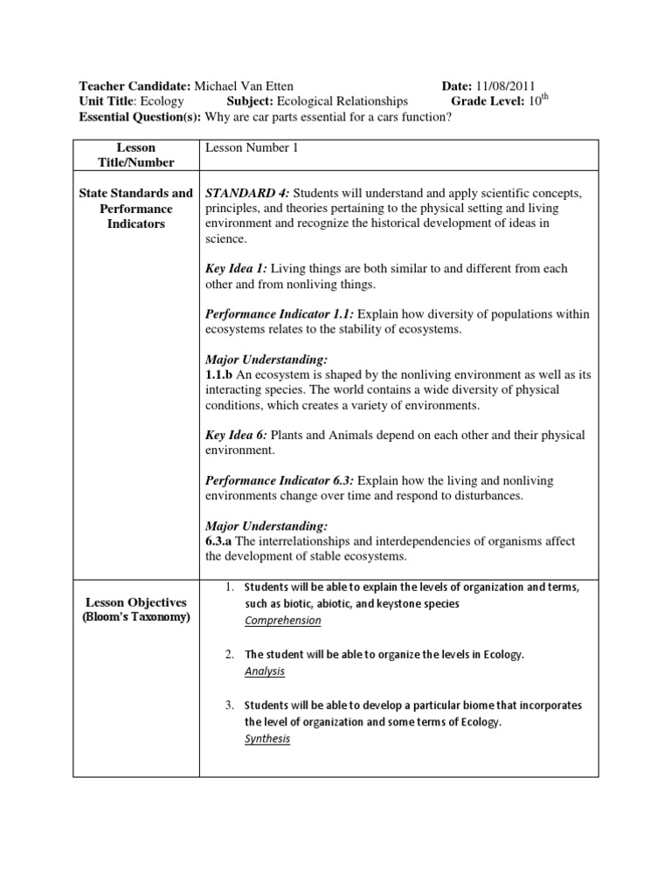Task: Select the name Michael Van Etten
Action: (244, 86)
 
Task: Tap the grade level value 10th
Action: (536, 101)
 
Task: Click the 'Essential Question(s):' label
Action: (140, 117)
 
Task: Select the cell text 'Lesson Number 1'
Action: (252, 148)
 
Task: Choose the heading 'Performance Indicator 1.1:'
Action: (280, 314)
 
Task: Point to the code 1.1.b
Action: (219, 375)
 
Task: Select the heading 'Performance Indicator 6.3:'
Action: (280, 481)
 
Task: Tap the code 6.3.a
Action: (219, 541)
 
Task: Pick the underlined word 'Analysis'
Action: (264, 671)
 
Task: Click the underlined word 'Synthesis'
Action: (267, 739)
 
